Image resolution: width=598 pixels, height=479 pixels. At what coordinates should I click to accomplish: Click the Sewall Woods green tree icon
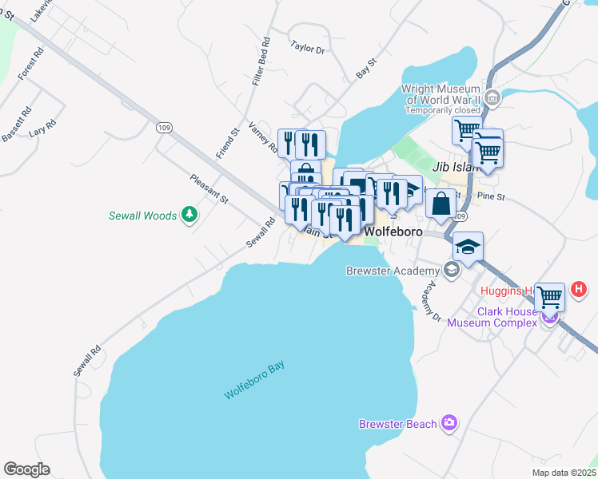point(189,214)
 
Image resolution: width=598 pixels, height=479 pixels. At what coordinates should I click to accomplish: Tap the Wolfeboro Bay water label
point(254,382)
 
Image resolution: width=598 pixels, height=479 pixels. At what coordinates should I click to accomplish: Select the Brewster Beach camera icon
point(449,422)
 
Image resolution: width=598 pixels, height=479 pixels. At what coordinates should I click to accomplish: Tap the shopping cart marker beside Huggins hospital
point(549,297)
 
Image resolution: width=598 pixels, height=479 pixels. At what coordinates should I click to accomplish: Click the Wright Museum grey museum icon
point(492,99)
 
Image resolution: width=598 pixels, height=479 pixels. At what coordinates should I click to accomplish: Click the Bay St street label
point(366,69)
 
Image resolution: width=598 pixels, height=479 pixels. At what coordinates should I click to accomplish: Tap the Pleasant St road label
point(209,188)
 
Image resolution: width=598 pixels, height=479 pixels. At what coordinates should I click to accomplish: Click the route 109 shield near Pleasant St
point(164,128)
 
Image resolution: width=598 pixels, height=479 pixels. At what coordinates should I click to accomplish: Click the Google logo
point(26,469)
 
